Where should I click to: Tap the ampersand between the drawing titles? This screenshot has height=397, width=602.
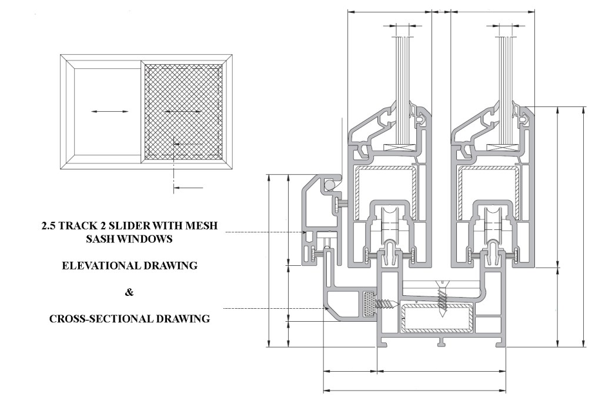click(x=129, y=292)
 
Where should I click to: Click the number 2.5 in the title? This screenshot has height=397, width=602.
click(x=49, y=225)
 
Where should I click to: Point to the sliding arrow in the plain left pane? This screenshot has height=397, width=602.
click(x=110, y=111)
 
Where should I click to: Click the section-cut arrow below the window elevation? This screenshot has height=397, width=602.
click(x=188, y=188)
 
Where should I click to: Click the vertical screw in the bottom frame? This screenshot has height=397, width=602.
click(x=442, y=299)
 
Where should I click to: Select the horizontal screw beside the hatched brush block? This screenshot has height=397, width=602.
click(x=387, y=305)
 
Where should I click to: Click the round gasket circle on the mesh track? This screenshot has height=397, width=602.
click(x=330, y=185)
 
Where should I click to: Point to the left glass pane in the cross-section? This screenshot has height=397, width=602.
click(x=406, y=88)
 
